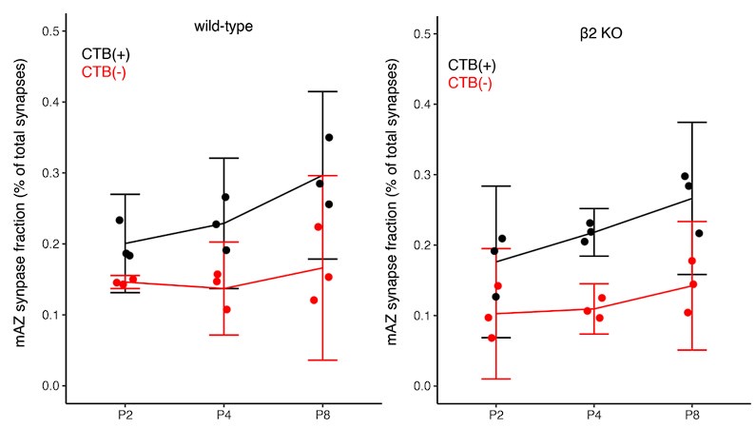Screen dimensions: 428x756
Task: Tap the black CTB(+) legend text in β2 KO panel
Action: pos(473,66)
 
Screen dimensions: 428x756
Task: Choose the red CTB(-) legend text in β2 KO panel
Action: pos(471,84)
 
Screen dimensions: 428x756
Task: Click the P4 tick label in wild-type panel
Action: pos(223,417)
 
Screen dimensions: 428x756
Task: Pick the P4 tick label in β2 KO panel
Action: pos(593,417)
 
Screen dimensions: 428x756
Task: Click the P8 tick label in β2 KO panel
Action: pos(692,417)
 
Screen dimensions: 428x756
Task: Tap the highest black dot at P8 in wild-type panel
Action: pos(329,137)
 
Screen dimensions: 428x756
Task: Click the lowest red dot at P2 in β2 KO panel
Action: pos(492,338)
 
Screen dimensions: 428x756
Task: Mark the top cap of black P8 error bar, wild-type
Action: pos(321,91)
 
